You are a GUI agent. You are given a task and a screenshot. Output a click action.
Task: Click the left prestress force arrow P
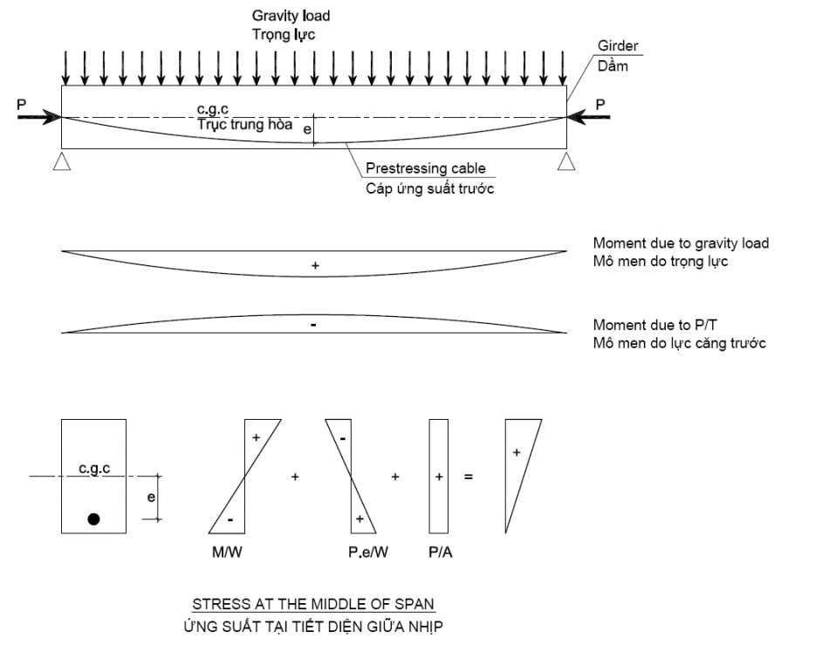click(39, 117)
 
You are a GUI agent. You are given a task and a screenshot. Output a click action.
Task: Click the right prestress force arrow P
click(589, 117)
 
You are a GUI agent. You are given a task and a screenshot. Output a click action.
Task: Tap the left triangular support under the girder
click(62, 161)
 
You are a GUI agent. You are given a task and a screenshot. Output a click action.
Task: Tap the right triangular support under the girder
click(566, 161)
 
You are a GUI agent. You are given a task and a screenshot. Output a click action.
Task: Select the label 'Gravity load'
click(291, 17)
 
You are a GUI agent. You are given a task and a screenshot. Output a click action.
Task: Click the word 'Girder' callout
click(618, 46)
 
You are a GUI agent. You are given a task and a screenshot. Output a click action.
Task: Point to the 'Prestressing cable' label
click(426, 168)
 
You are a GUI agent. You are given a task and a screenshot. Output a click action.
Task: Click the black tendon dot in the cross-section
click(94, 519)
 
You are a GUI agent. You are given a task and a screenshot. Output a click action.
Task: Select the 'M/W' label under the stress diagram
click(227, 552)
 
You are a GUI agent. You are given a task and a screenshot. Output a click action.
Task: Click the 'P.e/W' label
click(368, 552)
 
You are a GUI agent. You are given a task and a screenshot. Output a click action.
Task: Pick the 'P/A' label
click(441, 552)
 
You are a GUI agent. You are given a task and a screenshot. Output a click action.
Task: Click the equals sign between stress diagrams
click(469, 477)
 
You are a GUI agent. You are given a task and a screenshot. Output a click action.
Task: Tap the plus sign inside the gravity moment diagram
click(315, 266)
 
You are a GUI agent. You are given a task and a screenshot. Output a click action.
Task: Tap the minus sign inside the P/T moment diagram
click(313, 326)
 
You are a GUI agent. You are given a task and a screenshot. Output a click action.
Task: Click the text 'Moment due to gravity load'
click(681, 244)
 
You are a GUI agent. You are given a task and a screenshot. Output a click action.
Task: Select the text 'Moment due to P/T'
click(654, 326)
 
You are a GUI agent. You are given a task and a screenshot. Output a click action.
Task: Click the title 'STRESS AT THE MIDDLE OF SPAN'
click(313, 604)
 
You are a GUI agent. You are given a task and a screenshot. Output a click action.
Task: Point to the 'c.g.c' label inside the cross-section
click(94, 469)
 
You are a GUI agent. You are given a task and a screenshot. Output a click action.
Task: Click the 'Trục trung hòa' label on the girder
click(245, 124)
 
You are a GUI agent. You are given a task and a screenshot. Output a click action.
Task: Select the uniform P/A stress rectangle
click(439, 477)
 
